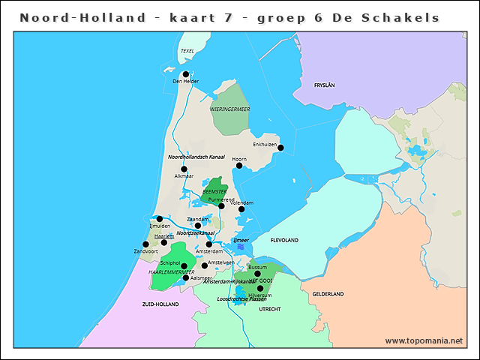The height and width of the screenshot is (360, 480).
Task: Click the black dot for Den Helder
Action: point(185,74)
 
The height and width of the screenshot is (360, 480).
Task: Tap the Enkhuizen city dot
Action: point(280,148)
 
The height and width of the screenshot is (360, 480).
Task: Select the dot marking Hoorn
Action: point(239,165)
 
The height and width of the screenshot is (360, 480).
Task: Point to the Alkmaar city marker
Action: point(184,169)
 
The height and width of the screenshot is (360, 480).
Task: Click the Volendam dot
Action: point(241,209)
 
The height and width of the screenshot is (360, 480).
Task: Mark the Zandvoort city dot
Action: point(145,244)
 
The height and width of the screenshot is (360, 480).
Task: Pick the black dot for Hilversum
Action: point(260,288)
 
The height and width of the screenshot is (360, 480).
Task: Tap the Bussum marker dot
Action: point(257,274)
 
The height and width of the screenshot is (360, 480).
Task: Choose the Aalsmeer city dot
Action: point(186,277)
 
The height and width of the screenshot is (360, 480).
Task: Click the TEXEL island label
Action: point(187,51)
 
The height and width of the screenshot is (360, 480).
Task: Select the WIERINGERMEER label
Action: point(229,109)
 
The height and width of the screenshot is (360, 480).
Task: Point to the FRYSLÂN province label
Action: point(324,85)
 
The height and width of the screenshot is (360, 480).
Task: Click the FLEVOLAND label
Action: point(285,240)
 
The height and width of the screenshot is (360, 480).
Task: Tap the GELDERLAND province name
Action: point(328,293)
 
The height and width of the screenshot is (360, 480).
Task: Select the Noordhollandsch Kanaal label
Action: point(196,157)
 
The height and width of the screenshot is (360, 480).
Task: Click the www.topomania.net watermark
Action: point(424,340)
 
